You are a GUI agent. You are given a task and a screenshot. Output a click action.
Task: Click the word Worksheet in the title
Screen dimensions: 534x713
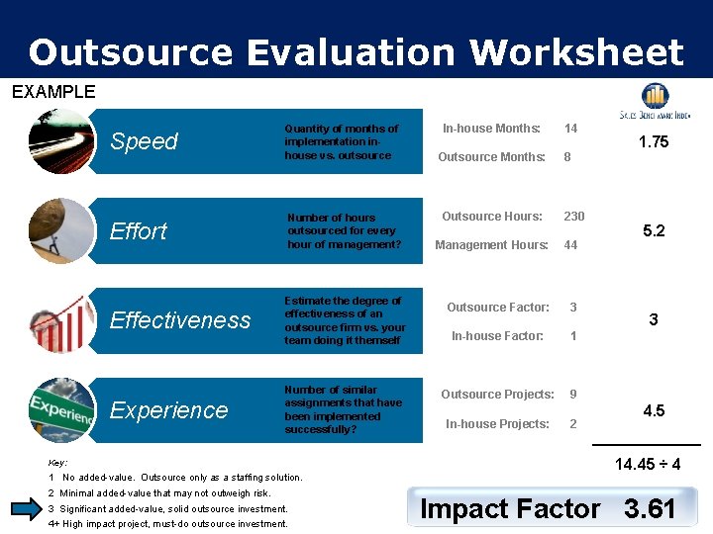tap(576, 51)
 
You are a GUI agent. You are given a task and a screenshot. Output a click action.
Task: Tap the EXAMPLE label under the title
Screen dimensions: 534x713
tap(53, 92)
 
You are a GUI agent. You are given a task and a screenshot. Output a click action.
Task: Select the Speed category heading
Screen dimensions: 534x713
tap(144, 141)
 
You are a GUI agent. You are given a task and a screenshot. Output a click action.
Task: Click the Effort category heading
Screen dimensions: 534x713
tap(138, 230)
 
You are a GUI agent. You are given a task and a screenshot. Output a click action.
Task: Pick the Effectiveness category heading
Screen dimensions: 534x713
tap(179, 319)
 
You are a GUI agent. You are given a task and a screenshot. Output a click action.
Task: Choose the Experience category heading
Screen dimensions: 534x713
tap(168, 409)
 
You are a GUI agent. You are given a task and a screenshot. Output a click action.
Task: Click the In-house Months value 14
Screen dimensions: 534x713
tap(570, 129)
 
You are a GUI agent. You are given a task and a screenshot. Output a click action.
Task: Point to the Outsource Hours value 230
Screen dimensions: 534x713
tap(574, 217)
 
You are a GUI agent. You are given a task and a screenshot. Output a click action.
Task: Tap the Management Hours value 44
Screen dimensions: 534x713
tap(570, 245)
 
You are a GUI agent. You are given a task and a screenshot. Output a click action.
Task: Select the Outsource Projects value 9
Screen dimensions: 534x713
tap(572, 395)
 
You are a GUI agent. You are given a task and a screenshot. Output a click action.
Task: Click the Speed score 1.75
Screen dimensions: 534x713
tap(654, 141)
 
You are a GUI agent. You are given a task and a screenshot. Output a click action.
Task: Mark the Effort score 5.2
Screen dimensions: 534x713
tap(654, 230)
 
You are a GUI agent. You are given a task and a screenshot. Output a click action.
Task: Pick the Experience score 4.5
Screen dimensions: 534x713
tap(654, 410)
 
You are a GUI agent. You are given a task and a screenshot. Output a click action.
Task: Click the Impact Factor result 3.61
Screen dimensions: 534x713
tap(650, 509)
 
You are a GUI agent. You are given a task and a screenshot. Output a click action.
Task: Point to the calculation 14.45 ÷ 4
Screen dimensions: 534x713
tap(648, 463)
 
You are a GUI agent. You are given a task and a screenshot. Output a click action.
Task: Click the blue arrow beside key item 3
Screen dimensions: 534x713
tap(26, 509)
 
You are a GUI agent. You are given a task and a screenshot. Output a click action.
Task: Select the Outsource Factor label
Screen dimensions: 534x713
tap(498, 308)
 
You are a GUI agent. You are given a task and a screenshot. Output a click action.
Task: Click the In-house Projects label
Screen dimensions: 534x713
tap(497, 424)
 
